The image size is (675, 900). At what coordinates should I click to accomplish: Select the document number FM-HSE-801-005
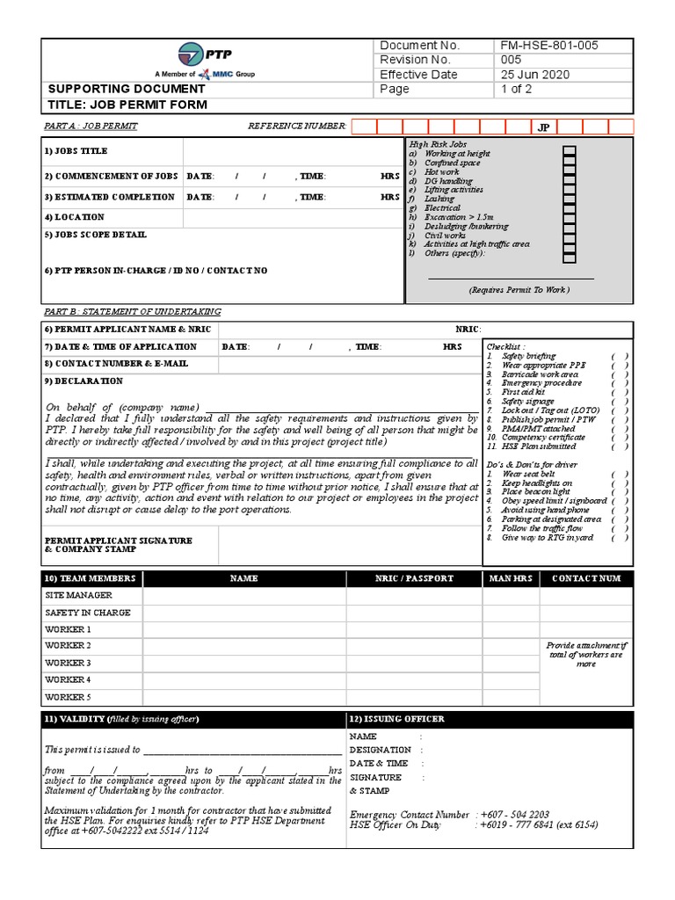click(550, 46)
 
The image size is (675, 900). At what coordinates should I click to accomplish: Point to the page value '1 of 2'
click(517, 90)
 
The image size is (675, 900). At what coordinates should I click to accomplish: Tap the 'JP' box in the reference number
click(543, 127)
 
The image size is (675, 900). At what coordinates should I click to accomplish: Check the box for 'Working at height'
click(569, 153)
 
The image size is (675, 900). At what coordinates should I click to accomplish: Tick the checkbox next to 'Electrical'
click(569, 208)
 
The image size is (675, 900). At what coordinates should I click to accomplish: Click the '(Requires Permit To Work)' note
click(519, 289)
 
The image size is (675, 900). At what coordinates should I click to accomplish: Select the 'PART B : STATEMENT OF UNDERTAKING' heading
click(133, 312)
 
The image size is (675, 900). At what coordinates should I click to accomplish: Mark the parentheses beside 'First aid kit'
click(620, 392)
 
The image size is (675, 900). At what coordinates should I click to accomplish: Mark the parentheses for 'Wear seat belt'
click(620, 475)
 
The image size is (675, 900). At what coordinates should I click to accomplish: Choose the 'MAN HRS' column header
click(511, 578)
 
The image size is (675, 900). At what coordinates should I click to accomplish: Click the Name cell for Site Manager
click(243, 596)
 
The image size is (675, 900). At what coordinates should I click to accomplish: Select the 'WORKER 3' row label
click(68, 664)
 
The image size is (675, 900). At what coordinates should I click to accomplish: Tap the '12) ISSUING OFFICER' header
click(396, 719)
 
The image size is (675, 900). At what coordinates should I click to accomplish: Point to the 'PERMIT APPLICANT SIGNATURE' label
click(118, 541)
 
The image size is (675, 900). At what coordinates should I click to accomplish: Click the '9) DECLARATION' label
click(84, 381)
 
